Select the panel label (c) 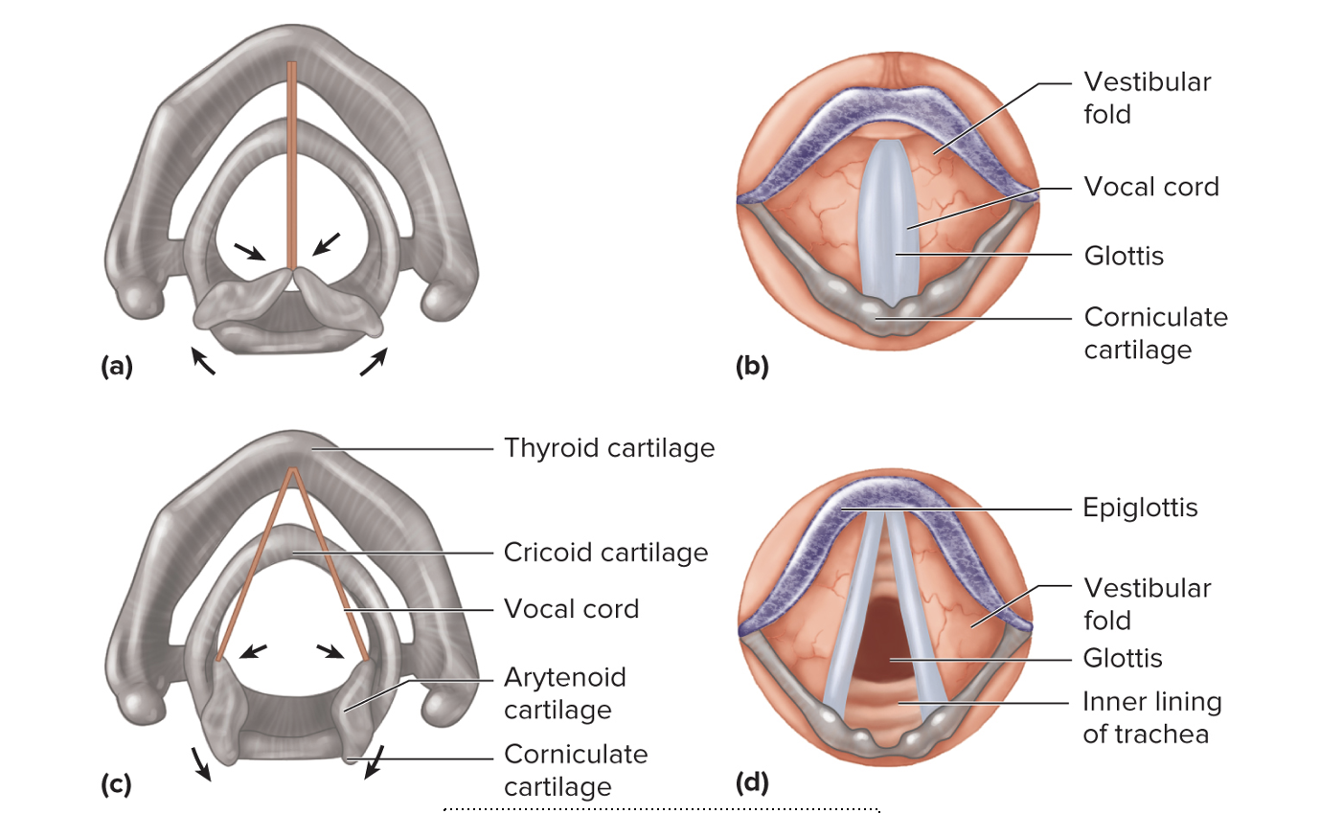116,785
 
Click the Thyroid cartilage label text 609,447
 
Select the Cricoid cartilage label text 605,553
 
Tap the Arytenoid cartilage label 565,693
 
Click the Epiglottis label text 1140,507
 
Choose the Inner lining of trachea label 1151,718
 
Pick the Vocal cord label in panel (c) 571,609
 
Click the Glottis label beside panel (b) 1124,256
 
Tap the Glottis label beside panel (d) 1123,658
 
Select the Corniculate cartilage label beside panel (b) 1155,332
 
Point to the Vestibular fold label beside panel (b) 1147,98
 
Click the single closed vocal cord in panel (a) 292,163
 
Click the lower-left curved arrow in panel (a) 203,361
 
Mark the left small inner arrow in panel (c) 253,652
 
